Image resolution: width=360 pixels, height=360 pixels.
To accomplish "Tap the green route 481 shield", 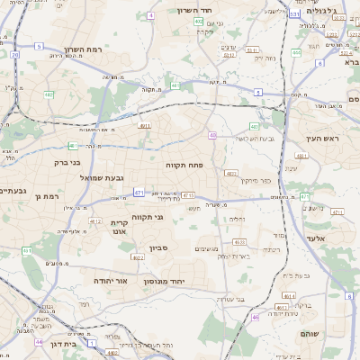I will (72, 145).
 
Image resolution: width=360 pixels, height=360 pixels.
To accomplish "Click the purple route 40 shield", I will (212, 135).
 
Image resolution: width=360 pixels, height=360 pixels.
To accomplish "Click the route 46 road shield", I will (256, 317).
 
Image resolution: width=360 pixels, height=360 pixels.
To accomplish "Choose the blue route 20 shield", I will (15, 55).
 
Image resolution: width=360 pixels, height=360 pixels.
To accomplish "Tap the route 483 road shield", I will (231, 173).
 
